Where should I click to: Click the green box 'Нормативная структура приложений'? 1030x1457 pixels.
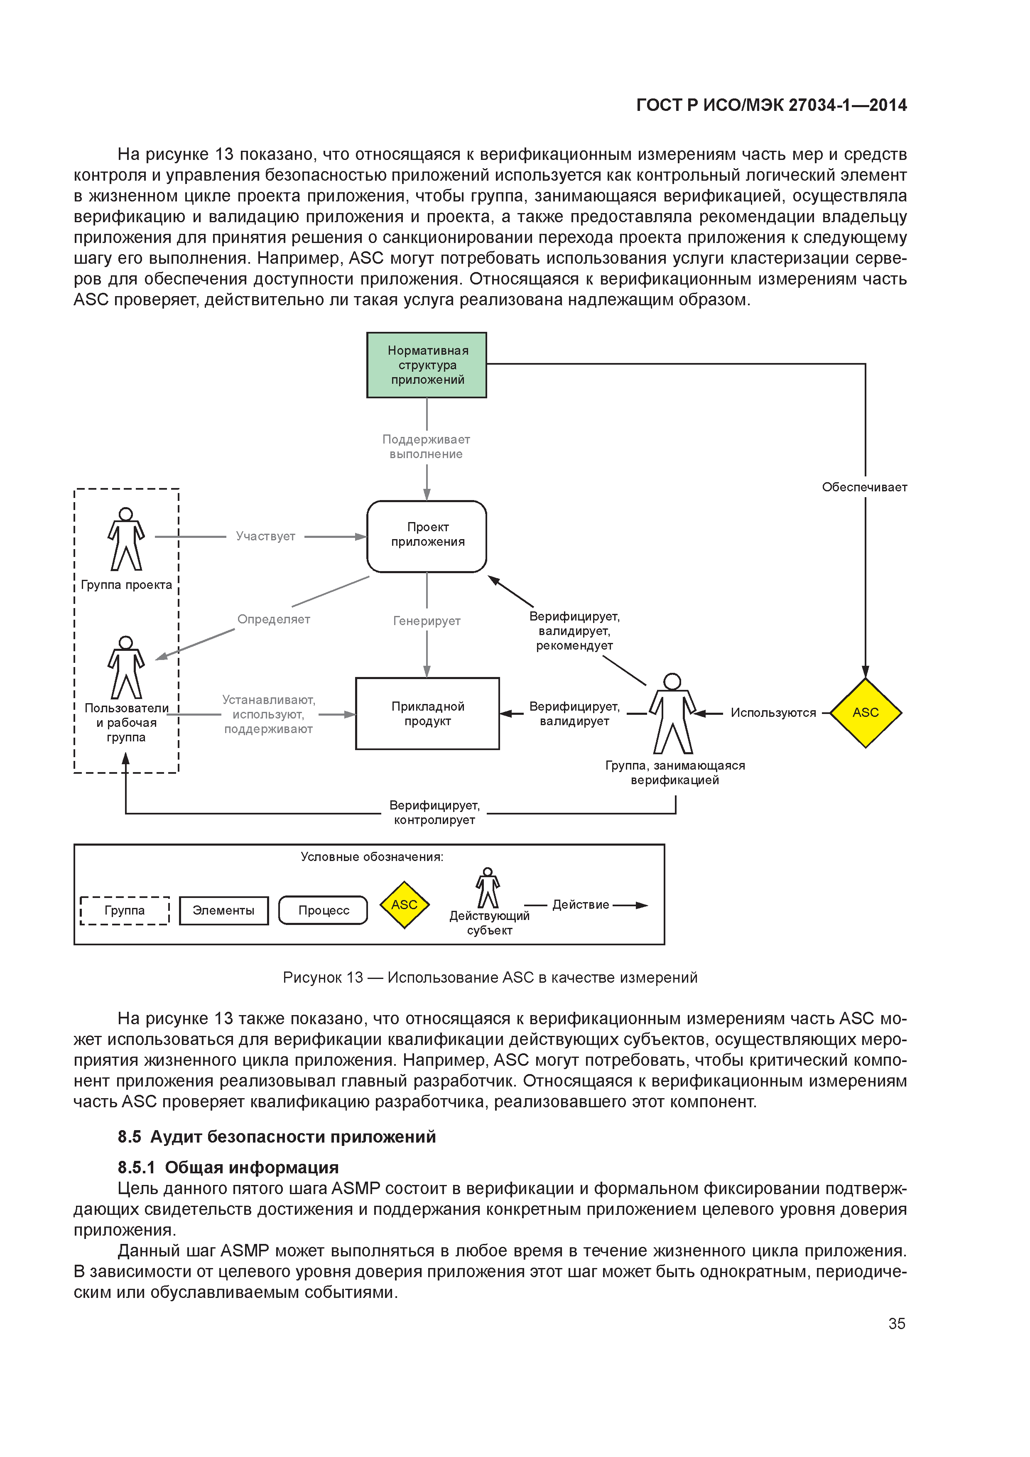click(427, 365)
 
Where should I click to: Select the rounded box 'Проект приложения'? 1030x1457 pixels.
click(427, 536)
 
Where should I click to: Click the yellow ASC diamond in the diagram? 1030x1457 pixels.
click(865, 713)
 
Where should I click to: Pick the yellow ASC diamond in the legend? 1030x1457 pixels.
click(404, 904)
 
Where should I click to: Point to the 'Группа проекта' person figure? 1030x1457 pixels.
click(126, 540)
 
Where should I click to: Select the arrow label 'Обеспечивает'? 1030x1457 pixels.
click(864, 487)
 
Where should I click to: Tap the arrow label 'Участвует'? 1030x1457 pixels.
click(265, 536)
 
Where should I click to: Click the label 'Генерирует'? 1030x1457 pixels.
click(427, 621)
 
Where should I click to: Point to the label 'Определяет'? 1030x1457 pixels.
click(274, 619)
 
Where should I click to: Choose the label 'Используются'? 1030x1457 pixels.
click(773, 713)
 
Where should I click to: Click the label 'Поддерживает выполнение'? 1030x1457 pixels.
click(426, 447)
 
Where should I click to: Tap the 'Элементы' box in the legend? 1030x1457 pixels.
click(223, 910)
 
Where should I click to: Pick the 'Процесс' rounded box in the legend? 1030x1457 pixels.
click(323, 910)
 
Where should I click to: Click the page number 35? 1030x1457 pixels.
click(896, 1324)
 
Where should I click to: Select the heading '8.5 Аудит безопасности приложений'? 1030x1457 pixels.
click(277, 1136)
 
